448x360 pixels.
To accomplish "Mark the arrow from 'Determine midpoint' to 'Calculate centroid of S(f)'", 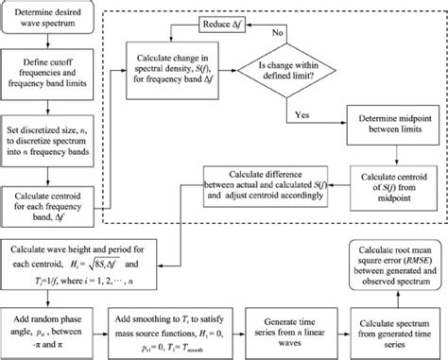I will (x=387, y=153).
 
